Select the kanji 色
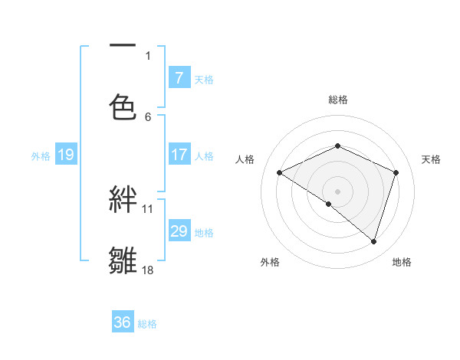pos(123,106)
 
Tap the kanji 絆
pos(123,200)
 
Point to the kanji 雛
pos(123,260)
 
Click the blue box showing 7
pos(179,77)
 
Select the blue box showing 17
pos(179,155)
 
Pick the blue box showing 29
pos(179,231)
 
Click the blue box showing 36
pos(122,322)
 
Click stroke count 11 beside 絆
pos(148,208)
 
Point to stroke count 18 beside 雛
pos(148,270)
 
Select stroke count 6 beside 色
pos(148,116)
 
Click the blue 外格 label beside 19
pos(41,156)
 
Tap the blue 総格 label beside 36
pos(147,324)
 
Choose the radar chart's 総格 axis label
pos(338,100)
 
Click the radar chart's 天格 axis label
pos(431,159)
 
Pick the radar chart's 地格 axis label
pos(402,262)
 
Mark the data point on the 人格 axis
pos(280,173)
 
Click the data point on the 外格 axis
pos(329,204)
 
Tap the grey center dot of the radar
pos(338,191)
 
